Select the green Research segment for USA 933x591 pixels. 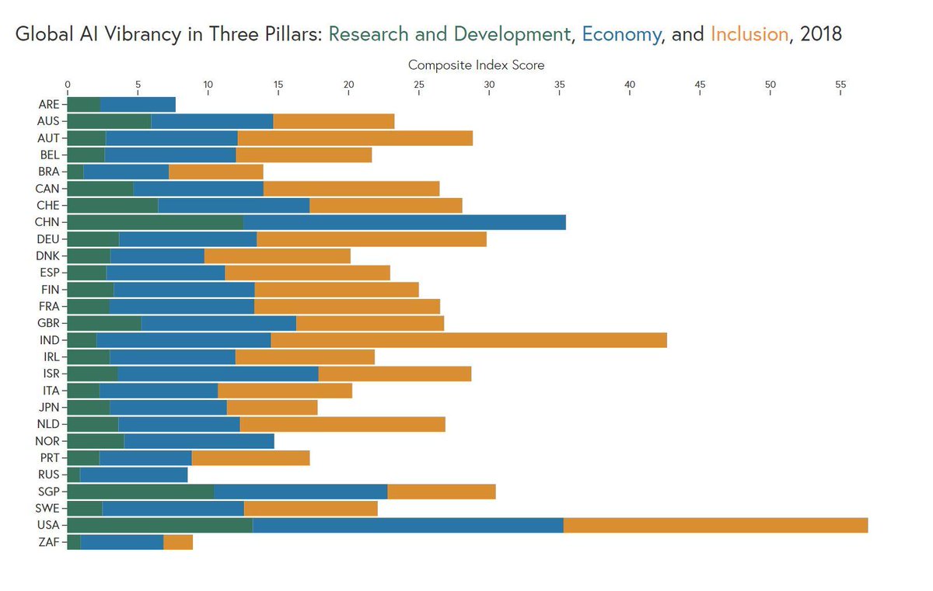160,525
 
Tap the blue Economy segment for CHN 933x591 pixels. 404,221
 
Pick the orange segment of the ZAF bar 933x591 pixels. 178,542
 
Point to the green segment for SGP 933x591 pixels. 141,492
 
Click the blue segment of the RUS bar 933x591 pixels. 134,475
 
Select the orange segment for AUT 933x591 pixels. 355,137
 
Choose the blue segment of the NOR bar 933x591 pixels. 199,441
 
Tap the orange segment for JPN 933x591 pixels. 272,407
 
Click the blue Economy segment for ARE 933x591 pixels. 138,104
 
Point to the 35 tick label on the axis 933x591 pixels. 560,85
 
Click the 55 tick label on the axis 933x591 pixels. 840,85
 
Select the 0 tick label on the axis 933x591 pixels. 68,85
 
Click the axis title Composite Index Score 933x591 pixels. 476,65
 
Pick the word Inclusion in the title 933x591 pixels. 749,35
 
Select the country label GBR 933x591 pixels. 49,323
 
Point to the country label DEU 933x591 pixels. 49,238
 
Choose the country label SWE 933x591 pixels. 49,509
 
